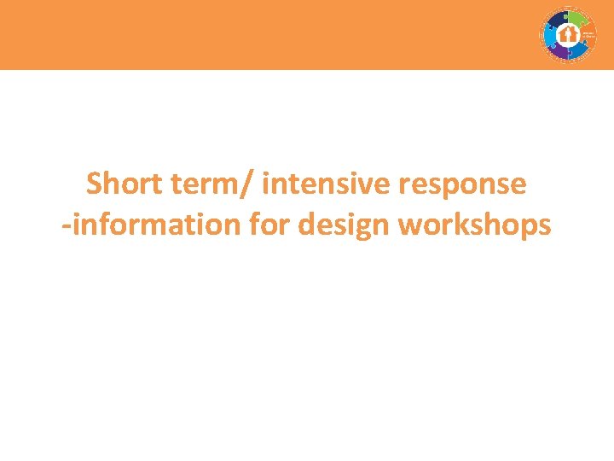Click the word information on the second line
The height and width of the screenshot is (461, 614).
(x=156, y=225)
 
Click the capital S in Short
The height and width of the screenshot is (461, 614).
(x=95, y=183)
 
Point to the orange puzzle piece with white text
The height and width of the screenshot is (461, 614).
(x=588, y=35)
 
